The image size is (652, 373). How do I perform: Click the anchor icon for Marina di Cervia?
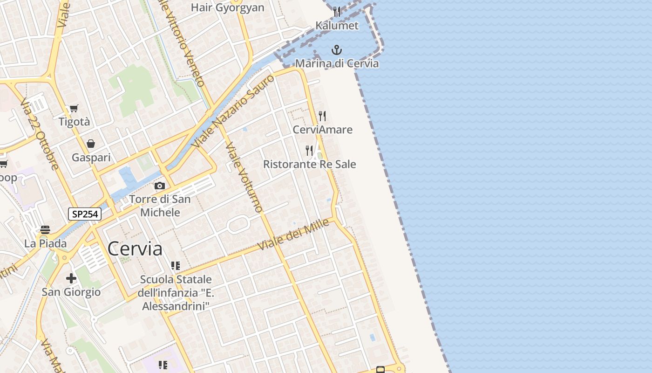[x=336, y=50]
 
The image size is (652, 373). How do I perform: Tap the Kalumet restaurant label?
[x=337, y=26]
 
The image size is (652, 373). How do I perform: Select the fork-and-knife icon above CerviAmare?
[x=322, y=116]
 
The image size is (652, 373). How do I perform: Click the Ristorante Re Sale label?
[x=310, y=164]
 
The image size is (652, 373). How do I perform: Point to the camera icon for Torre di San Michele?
[x=160, y=186]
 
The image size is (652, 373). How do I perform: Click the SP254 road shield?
[x=85, y=214]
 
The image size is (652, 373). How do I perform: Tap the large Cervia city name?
[x=135, y=249]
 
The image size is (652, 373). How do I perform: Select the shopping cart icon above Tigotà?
[x=74, y=109]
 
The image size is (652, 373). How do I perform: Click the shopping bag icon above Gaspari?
[x=91, y=144]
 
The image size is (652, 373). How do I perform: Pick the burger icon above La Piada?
[x=45, y=229]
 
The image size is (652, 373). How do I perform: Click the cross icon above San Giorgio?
[x=71, y=278]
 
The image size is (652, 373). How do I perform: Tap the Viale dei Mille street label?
[x=294, y=235]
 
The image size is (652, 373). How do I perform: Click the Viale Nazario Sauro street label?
[x=233, y=111]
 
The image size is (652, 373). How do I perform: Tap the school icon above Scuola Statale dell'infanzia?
[x=176, y=266]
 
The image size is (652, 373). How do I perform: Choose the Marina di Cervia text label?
[x=337, y=63]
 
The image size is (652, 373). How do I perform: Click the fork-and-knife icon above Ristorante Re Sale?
[x=309, y=150]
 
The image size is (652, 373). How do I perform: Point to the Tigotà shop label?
[x=74, y=122]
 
